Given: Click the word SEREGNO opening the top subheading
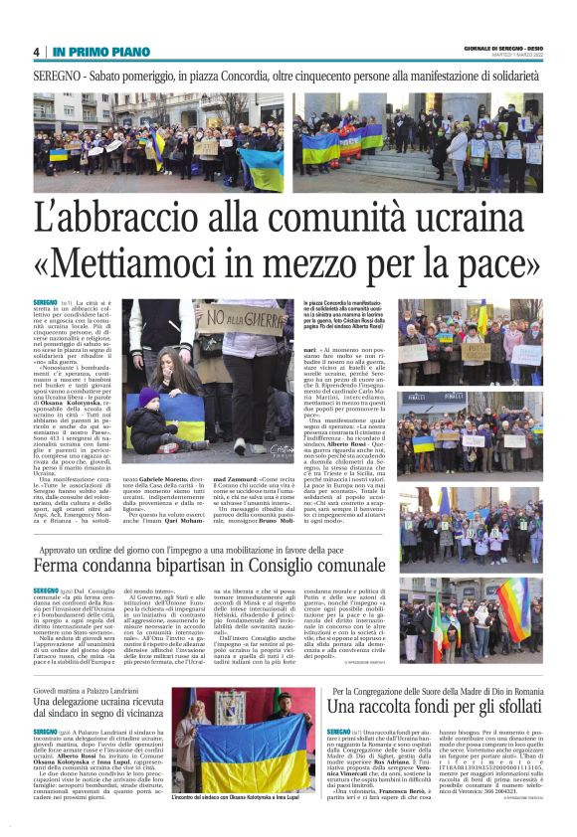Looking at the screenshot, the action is (x=59, y=75).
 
